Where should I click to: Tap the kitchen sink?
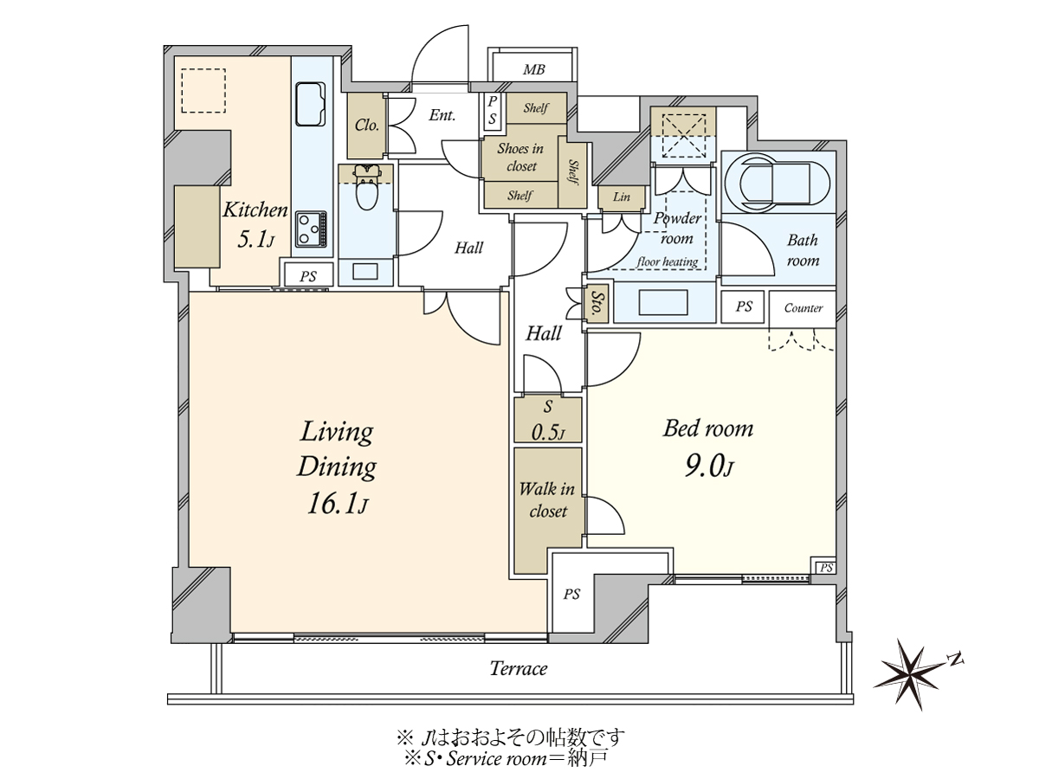(311, 105)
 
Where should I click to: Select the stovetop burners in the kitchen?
(311, 229)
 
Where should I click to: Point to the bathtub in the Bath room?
(778, 182)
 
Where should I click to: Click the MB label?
(533, 70)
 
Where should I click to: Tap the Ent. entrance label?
(442, 115)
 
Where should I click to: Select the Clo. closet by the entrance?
(365, 126)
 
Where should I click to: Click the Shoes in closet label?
(520, 157)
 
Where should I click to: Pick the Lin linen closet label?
(621, 196)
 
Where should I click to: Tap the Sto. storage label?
(597, 303)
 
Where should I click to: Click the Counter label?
(803, 308)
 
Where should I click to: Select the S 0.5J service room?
(548, 420)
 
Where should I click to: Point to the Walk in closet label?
(547, 499)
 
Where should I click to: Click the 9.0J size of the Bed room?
(709, 467)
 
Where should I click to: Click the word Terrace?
(519, 668)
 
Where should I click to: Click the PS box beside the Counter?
(743, 307)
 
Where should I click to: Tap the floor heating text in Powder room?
(668, 261)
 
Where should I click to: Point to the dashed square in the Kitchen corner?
(203, 91)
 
